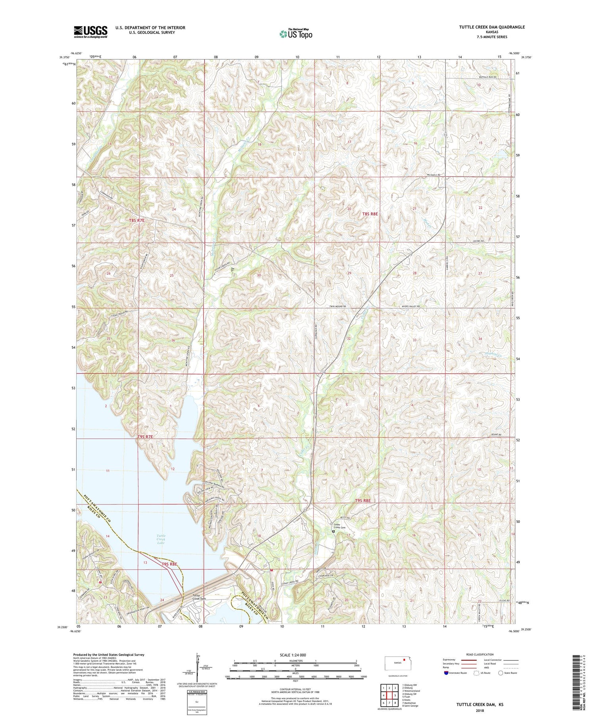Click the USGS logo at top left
tap(90, 32)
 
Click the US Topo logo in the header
tap(296, 34)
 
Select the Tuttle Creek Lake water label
tap(161, 539)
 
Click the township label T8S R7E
tap(137, 220)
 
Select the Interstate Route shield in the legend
tap(446, 673)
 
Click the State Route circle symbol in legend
tap(501, 673)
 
